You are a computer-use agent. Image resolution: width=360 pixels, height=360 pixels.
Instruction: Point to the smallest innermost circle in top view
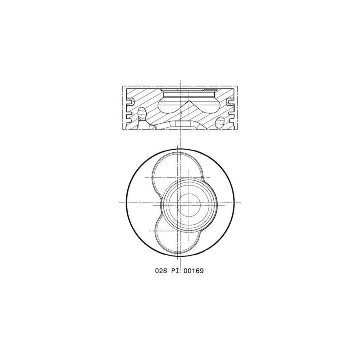[189, 203]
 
